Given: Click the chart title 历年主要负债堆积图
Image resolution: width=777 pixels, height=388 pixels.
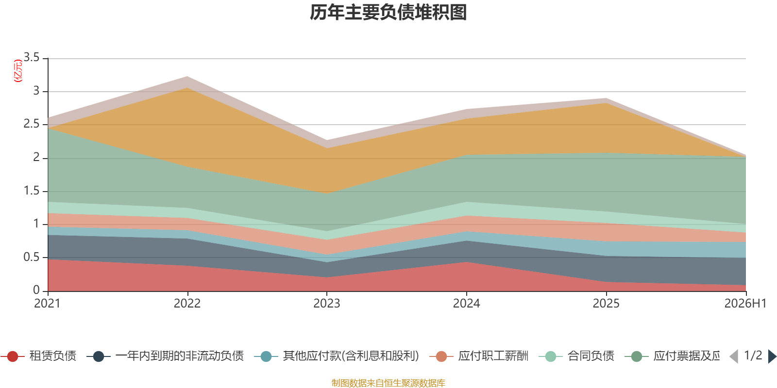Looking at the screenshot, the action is point(388,13).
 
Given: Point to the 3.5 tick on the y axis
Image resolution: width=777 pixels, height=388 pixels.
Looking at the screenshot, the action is point(32,58).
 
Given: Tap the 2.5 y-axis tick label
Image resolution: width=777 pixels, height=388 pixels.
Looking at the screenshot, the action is point(32,124).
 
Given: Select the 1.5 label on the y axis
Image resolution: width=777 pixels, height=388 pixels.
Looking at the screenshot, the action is point(32,191).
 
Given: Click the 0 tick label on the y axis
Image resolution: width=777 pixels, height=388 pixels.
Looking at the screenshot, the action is point(36,291).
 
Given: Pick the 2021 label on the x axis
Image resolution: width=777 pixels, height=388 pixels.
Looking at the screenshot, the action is point(48,304).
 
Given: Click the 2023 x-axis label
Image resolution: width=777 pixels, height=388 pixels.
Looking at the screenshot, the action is point(327,304).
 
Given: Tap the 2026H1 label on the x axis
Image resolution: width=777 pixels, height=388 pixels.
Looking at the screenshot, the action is point(745,304).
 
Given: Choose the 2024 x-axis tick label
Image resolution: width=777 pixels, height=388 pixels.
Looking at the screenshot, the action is point(467,304).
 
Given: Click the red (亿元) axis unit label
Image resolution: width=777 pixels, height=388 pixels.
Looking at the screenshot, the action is point(17,71).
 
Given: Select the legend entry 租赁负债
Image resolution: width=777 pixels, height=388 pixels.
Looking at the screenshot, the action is point(38,356).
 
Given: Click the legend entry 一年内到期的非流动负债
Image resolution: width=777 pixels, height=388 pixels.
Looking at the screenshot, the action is point(165,356).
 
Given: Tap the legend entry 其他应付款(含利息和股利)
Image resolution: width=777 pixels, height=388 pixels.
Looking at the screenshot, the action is point(337,356).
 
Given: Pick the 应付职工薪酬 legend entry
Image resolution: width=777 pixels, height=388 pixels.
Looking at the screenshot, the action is point(479,356).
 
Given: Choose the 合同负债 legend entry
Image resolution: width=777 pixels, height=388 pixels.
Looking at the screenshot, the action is point(576,356).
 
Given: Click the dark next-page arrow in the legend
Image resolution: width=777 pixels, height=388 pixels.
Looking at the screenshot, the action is point(772,356).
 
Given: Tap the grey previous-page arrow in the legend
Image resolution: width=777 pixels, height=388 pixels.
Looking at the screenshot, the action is point(734,356).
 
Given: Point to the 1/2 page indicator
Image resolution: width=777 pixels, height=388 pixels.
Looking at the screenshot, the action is point(753,356).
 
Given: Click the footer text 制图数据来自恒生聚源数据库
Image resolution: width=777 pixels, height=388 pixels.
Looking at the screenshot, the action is point(388,383).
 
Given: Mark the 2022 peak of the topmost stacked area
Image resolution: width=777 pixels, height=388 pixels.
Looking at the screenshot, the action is point(187,76).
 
